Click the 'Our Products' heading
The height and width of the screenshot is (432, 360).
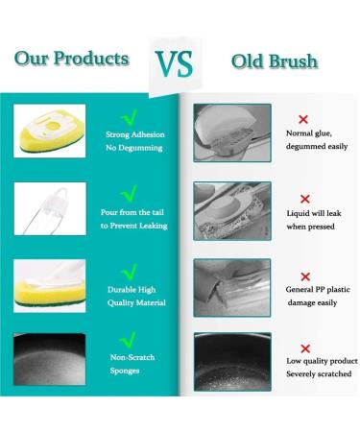point(71,59)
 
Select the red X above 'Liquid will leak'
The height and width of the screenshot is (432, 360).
point(305,198)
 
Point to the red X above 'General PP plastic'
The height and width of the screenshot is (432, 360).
point(305,276)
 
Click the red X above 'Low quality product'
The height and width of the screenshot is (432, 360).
point(305,348)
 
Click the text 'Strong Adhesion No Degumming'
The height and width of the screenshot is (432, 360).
point(132,142)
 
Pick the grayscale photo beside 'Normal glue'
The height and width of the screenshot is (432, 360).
point(225,131)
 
